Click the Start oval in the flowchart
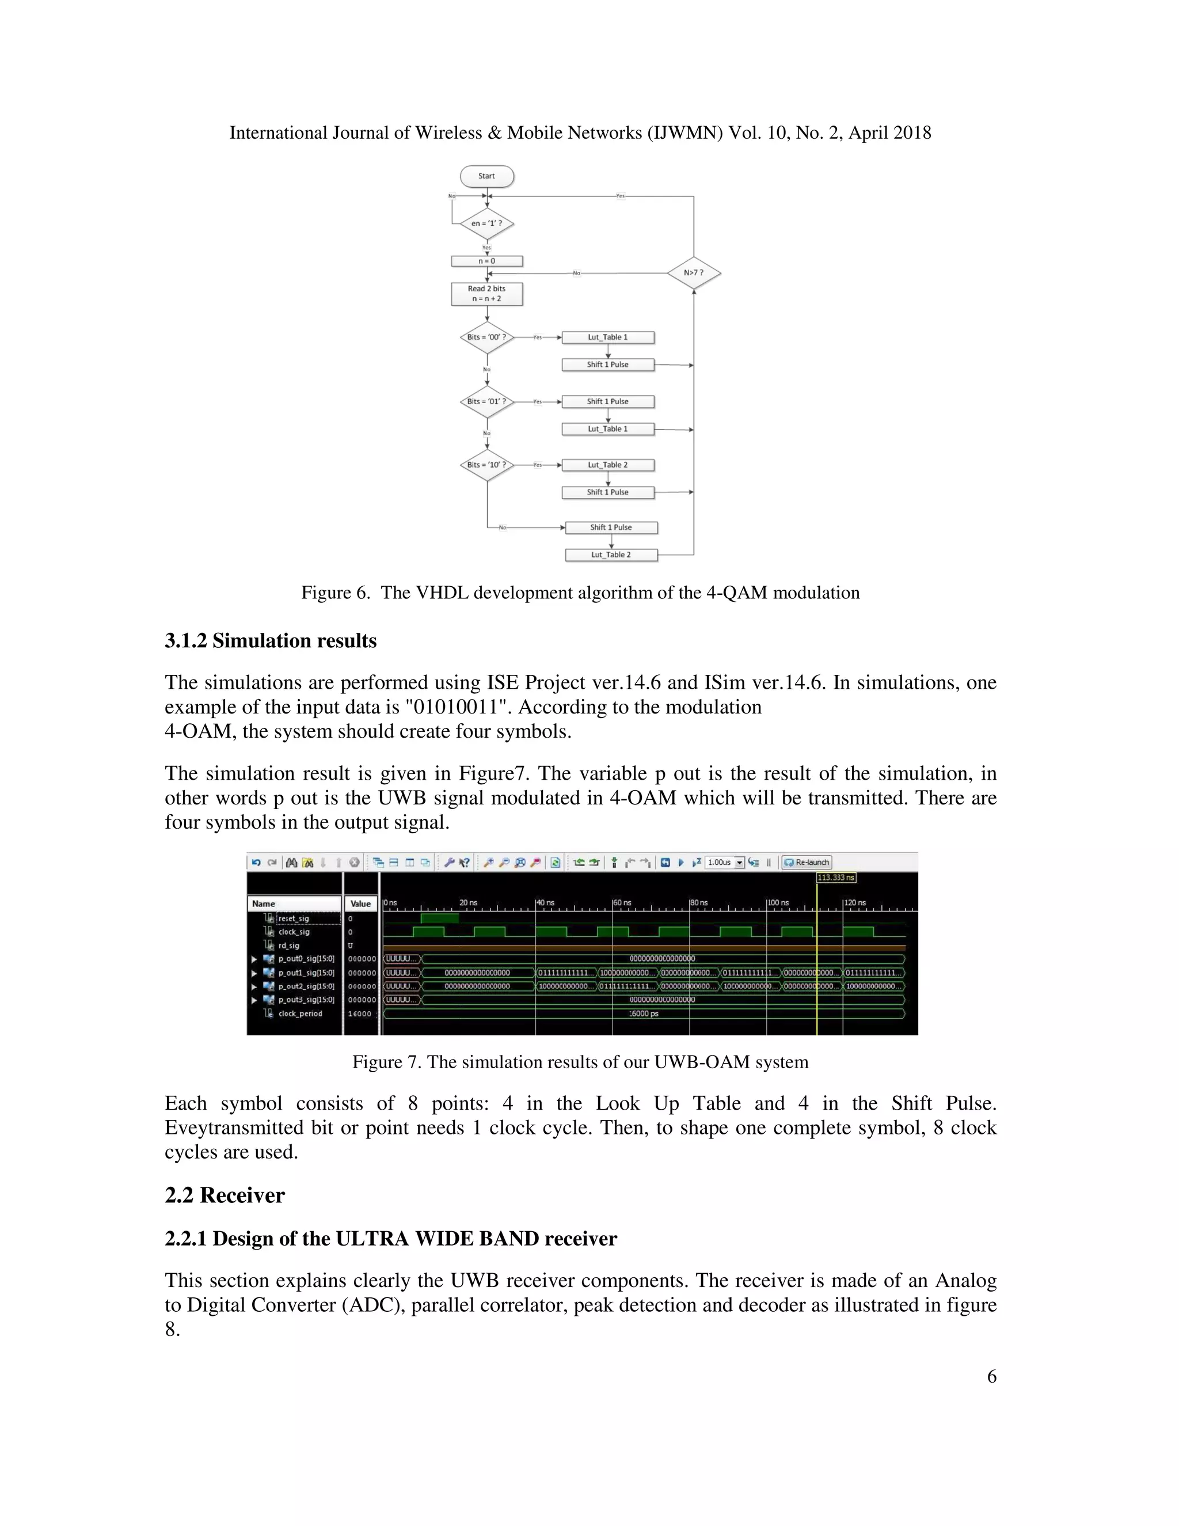point(487,176)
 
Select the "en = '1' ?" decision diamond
point(487,223)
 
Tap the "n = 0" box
point(487,261)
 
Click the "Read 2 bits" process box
point(487,294)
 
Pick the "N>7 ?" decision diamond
point(694,272)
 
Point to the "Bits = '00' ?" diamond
point(487,337)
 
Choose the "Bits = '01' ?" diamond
point(487,402)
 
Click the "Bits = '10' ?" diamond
point(487,465)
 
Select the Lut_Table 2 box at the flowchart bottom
point(611,555)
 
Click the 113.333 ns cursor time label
point(836,878)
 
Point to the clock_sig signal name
point(294,932)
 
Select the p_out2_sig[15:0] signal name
point(306,986)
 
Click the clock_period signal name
point(301,1014)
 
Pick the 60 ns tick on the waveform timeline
point(622,903)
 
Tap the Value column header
point(360,904)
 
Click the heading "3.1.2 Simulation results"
point(271,641)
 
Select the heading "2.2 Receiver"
point(225,1195)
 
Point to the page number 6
point(991,1376)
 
